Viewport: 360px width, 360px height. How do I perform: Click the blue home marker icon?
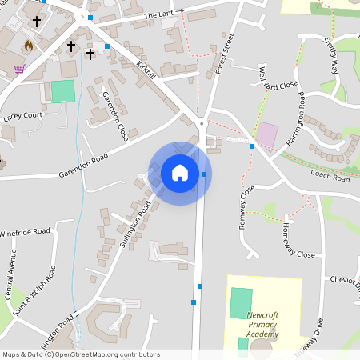(180, 172)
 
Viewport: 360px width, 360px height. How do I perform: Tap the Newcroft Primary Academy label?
(262, 326)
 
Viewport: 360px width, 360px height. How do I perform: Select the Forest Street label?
(224, 54)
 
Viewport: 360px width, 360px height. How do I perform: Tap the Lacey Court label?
(22, 116)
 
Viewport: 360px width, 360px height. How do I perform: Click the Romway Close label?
(246, 207)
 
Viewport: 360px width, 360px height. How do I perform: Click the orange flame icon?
(30, 46)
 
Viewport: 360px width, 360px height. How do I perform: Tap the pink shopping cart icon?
(19, 69)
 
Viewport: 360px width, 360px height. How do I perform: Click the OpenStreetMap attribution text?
(80, 354)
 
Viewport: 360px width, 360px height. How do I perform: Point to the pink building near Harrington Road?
(267, 134)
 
